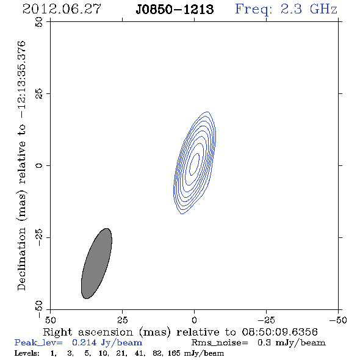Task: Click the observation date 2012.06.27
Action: click(x=62, y=9)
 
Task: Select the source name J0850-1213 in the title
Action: click(x=175, y=10)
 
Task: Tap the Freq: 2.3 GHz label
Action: click(x=286, y=10)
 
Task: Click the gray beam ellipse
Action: click(x=96, y=264)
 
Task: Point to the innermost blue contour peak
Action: click(x=195, y=164)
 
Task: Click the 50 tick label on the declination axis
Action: click(x=39, y=22)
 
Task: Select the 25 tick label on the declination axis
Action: click(x=39, y=94)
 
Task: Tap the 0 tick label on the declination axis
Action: click(x=39, y=165)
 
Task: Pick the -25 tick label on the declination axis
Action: click(x=39, y=237)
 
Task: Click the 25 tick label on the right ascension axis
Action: click(x=123, y=320)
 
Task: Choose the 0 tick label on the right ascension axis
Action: click(x=195, y=320)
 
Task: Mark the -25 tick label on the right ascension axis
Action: click(x=266, y=320)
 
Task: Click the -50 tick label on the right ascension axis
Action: click(x=338, y=320)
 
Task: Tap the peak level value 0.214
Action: click(x=84, y=342)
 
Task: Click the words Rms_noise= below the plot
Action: click(x=220, y=343)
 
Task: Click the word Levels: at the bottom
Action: click(x=27, y=353)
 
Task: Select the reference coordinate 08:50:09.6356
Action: click(x=280, y=332)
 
